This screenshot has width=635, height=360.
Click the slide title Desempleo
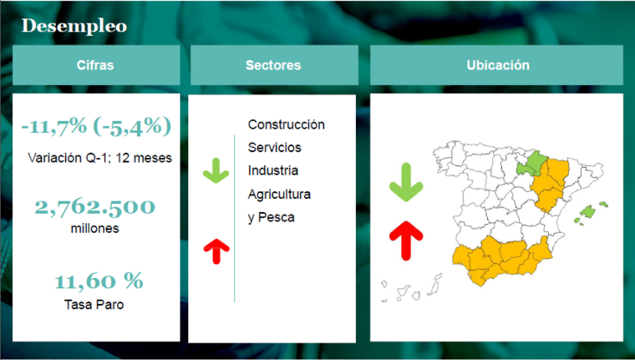tap(74, 26)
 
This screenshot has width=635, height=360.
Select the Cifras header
tap(96, 65)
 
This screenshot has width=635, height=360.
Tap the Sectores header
tap(274, 65)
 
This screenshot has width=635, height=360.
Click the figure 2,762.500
tap(94, 207)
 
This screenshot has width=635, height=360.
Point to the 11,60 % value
tap(99, 281)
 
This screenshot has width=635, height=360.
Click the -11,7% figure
tap(53, 126)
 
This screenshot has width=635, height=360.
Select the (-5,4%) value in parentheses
tap(132, 126)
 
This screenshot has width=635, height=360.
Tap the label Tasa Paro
tap(94, 305)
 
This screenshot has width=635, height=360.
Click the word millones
tap(94, 228)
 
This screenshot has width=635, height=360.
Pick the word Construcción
tap(287, 124)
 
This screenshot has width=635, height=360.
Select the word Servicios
tap(275, 147)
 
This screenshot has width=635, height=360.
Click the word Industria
tap(273, 170)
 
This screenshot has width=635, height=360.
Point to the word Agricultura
tap(279, 194)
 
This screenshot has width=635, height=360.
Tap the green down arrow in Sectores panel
tap(216, 170)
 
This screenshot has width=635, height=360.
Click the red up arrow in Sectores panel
tap(216, 251)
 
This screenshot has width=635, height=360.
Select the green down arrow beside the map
tap(406, 182)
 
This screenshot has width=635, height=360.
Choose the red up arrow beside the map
tap(406, 241)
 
